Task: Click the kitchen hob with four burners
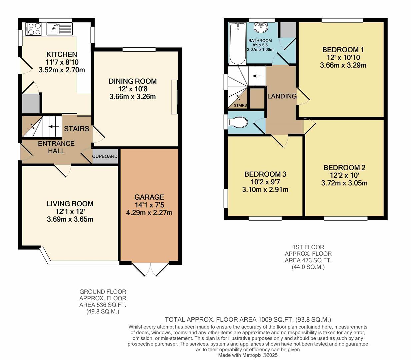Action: click(x=33, y=29)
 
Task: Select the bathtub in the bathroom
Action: click(x=237, y=43)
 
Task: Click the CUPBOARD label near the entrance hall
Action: click(x=105, y=156)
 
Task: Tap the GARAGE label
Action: click(x=149, y=197)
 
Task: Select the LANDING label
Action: click(x=282, y=96)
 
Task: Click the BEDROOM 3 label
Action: click(x=265, y=174)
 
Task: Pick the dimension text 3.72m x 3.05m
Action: click(x=344, y=183)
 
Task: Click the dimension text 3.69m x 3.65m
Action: click(x=70, y=219)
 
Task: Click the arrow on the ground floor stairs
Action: click(x=51, y=127)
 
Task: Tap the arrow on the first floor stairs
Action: click(x=256, y=76)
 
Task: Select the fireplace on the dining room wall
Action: click(x=174, y=97)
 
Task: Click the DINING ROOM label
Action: click(x=132, y=81)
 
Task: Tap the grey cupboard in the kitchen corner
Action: click(x=31, y=104)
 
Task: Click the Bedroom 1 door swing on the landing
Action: click(x=303, y=97)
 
